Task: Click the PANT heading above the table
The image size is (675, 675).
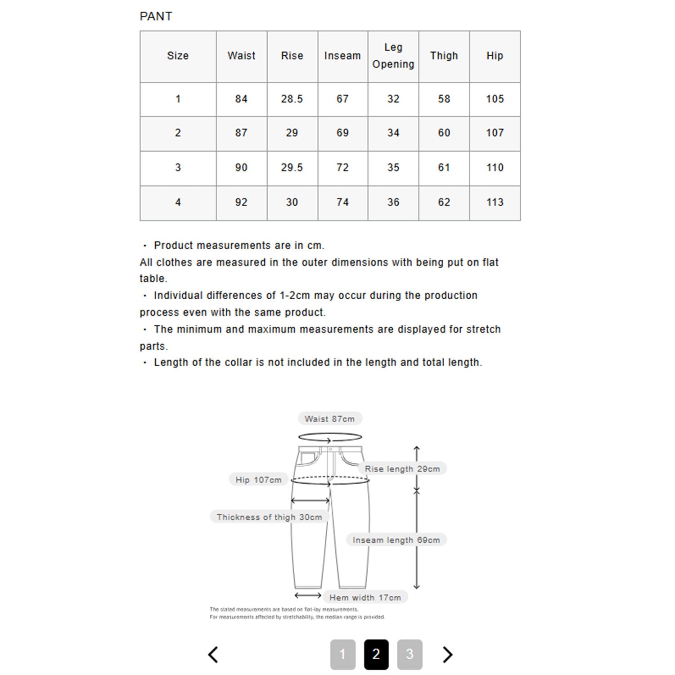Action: pos(156,16)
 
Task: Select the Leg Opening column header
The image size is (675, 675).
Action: pos(393,56)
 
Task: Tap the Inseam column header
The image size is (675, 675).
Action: pos(342,56)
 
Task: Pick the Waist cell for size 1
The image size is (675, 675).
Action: pos(241,99)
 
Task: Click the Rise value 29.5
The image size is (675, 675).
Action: pos(292,167)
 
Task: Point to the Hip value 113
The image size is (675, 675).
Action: pos(495,202)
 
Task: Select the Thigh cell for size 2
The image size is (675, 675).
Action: pos(444,133)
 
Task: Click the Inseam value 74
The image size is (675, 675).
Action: pos(342,202)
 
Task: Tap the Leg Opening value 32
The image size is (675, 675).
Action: pos(393,99)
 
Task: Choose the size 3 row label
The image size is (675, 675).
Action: pos(178,167)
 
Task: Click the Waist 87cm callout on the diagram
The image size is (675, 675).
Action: pos(329,419)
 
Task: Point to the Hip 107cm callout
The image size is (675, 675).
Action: pos(258,480)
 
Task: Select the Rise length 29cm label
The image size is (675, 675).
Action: pos(402,469)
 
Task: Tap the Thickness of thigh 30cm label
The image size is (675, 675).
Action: pos(269,517)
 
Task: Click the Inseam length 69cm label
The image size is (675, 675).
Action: pos(396,540)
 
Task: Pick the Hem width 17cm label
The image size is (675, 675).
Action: pos(365,598)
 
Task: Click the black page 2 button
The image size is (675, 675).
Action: pos(376,654)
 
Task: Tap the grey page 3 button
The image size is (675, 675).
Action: pos(409,654)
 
